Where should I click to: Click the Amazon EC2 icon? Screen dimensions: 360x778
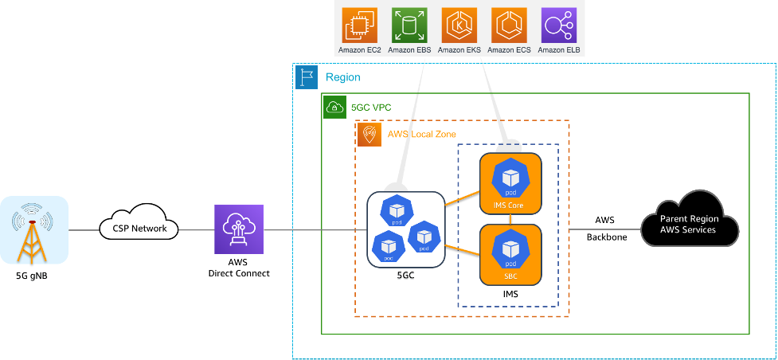tap(359, 25)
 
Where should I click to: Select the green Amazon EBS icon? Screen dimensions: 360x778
tap(409, 25)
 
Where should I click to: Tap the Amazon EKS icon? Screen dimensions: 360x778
tap(459, 25)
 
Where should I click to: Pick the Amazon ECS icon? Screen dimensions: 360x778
tap(510, 25)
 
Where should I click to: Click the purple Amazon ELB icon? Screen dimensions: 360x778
tap(559, 25)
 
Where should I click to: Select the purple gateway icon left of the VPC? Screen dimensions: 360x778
tap(238, 229)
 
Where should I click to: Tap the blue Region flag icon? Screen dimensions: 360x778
tap(307, 77)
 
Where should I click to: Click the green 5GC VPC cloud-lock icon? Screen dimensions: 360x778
tap(334, 107)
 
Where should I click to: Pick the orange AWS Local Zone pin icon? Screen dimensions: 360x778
tap(369, 134)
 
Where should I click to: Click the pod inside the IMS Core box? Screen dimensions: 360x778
tap(510, 178)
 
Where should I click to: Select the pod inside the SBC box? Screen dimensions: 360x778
tap(510, 248)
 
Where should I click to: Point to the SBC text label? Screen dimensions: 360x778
tap(510, 276)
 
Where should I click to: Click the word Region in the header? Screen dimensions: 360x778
tap(343, 77)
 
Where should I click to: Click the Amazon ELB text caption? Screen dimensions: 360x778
tap(559, 50)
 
